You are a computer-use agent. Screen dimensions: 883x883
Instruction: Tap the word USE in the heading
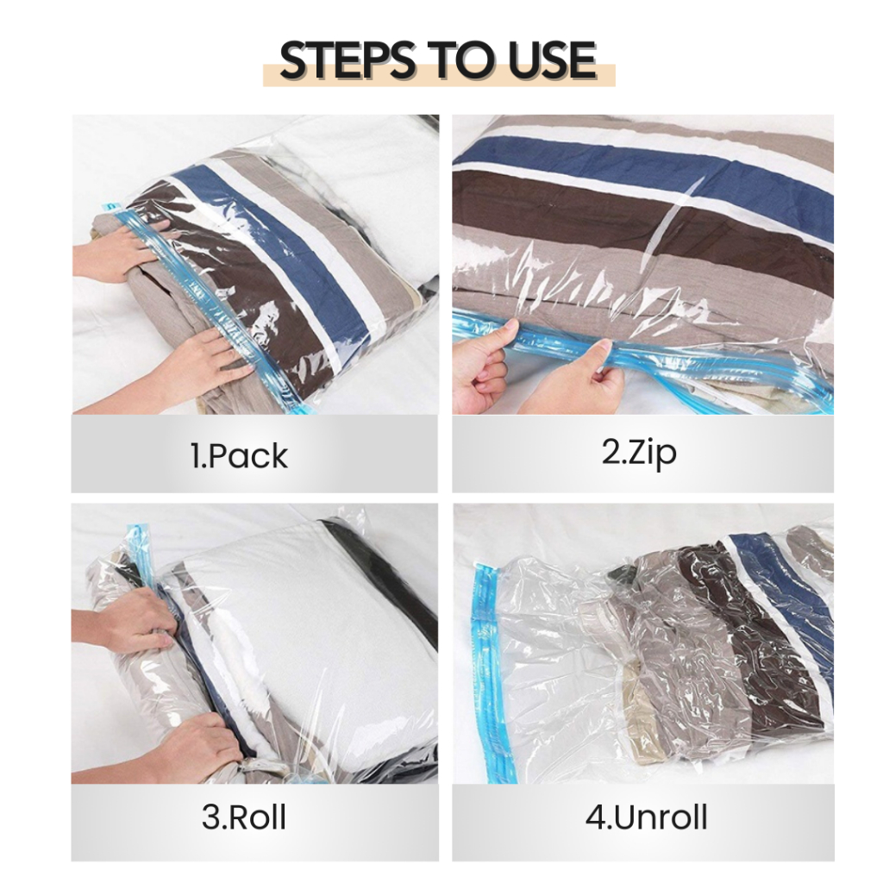tap(552, 59)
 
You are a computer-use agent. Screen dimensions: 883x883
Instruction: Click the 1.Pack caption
tap(239, 455)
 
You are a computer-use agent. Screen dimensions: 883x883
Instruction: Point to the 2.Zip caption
tap(639, 452)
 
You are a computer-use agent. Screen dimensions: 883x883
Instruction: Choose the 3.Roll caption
tap(244, 817)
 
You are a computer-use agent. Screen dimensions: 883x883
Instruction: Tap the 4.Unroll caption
tap(646, 817)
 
